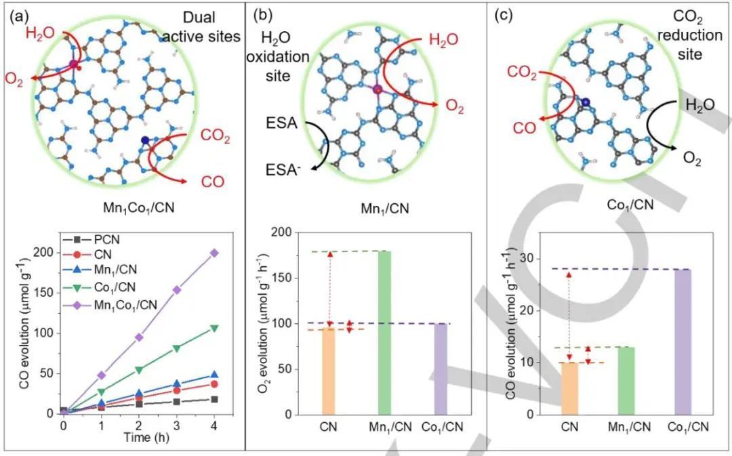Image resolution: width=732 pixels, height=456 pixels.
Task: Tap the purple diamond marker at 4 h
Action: point(214,253)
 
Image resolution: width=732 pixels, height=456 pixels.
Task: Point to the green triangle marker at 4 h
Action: point(214,329)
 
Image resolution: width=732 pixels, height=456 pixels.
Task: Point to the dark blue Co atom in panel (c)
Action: point(584,102)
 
